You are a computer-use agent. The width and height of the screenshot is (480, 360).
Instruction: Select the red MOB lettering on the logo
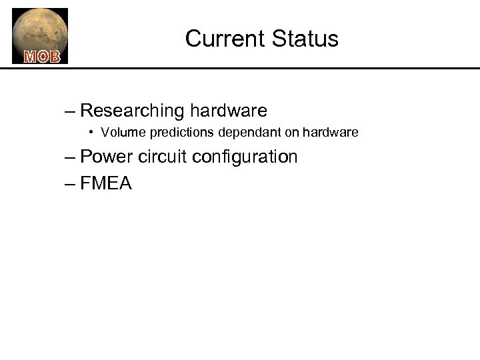click(x=41, y=57)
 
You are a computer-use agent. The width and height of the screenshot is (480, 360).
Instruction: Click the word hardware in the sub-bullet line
click(x=331, y=133)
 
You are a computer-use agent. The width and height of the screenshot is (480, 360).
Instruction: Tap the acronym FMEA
click(x=106, y=183)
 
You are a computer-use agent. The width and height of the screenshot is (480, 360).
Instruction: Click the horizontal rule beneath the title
click(x=267, y=68)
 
